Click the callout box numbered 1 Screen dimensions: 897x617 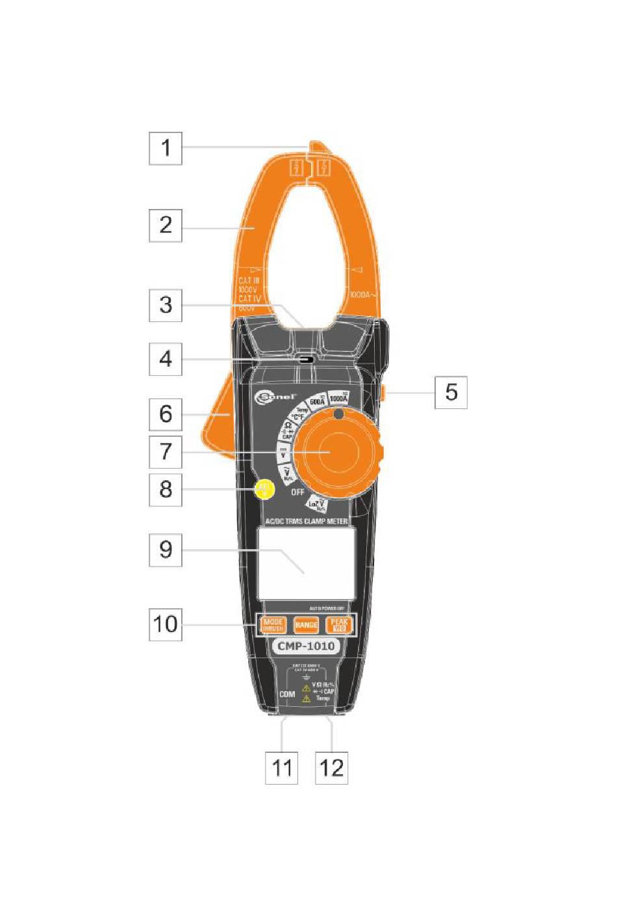166,148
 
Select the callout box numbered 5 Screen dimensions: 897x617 451,392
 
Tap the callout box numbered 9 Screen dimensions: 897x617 166,550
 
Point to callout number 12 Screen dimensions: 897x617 331,768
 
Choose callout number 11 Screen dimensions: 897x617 281,768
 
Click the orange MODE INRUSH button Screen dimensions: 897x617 273,625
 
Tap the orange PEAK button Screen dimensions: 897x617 339,625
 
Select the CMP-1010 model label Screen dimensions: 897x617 306,646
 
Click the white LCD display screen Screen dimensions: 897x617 306,563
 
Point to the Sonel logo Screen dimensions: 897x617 275,397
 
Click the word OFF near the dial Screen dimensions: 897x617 297,493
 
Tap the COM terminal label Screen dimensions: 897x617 287,694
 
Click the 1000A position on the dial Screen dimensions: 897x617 338,398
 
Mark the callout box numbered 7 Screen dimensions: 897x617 166,452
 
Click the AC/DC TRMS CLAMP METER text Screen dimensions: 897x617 306,521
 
